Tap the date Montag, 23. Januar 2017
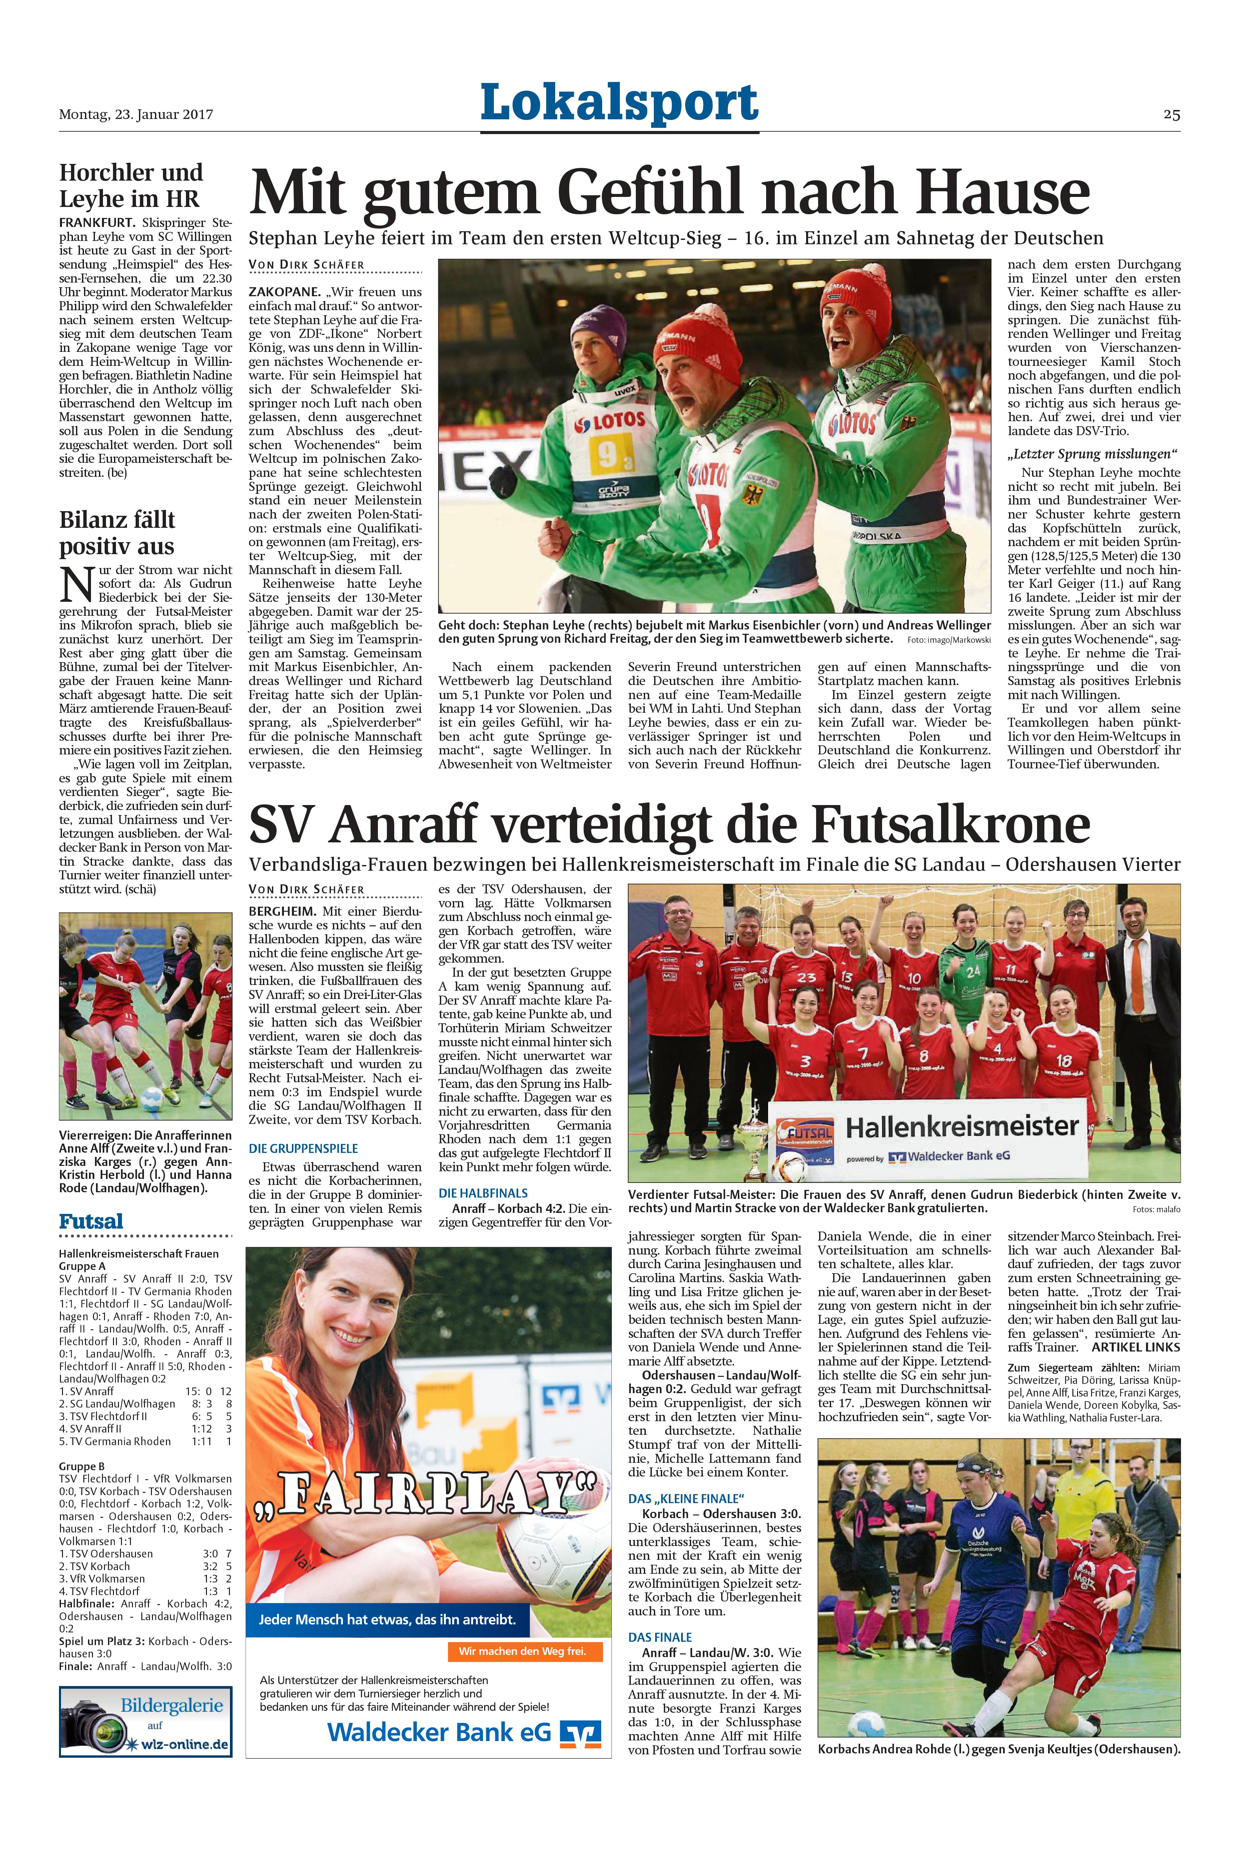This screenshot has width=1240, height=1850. tap(136, 115)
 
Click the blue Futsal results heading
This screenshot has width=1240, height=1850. tap(91, 1222)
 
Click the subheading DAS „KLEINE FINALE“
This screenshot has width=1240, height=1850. tap(686, 1498)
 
